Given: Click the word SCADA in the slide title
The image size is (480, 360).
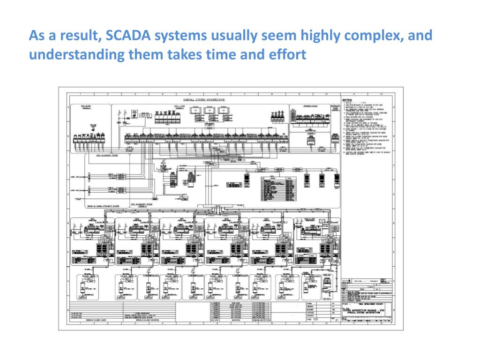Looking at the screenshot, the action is [x=123, y=36].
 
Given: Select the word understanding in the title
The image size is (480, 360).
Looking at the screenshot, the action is [x=72, y=55].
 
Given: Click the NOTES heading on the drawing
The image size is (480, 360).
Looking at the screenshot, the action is [x=347, y=100].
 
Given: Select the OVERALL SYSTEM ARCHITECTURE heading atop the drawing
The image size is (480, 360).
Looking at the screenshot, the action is [x=204, y=99].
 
